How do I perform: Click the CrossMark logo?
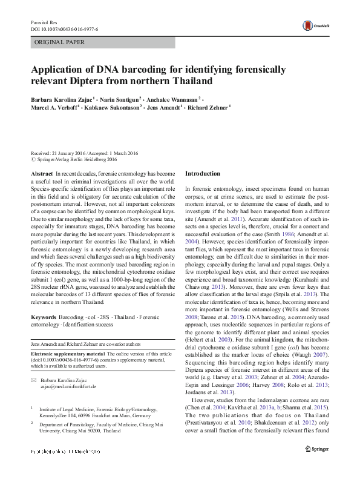(x=315, y=25)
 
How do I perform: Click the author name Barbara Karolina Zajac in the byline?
(x=62, y=99)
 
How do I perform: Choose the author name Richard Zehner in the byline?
(x=208, y=108)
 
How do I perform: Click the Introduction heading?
(x=203, y=174)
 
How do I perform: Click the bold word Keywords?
(x=44, y=317)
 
